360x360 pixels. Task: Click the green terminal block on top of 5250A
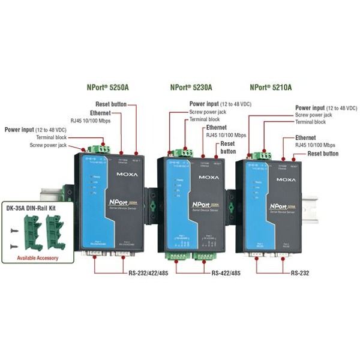[98, 147]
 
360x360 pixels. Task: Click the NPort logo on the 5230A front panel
[202, 205]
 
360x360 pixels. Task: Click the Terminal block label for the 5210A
[310, 122]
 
